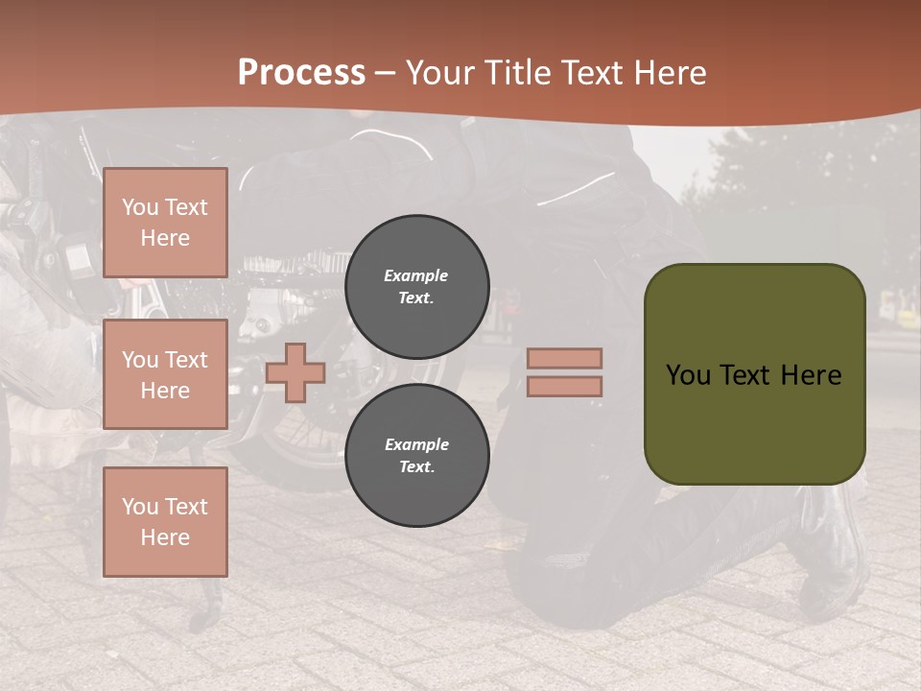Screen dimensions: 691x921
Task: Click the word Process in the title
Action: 301,73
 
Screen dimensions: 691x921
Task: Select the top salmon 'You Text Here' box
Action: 165,223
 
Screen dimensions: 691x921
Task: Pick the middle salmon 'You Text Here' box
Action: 165,374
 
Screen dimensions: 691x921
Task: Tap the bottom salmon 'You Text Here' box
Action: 165,522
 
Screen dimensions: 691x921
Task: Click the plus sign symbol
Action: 295,372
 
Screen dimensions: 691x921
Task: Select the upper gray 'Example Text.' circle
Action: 417,287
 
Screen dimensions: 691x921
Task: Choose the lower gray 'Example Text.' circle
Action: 417,456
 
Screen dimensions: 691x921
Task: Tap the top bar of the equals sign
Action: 564,358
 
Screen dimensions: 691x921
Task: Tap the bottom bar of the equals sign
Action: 564,386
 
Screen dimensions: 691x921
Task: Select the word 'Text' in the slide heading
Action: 591,73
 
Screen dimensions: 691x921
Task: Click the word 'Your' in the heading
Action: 439,73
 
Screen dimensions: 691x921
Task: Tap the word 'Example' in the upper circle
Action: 416,275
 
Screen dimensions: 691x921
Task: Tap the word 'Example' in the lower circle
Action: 416,444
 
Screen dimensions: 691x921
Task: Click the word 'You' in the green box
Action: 689,375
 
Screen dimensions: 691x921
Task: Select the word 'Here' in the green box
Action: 811,375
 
